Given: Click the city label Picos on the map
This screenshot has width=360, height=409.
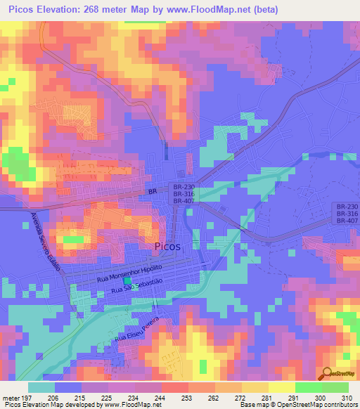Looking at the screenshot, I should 167,247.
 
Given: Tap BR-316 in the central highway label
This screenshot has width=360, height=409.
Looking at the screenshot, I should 184,193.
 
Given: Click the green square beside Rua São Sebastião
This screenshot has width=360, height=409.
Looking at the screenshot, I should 127,281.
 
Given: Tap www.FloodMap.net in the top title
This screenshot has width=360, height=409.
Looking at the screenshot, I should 216,10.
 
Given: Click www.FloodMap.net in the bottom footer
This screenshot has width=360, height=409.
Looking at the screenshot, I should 129,405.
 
